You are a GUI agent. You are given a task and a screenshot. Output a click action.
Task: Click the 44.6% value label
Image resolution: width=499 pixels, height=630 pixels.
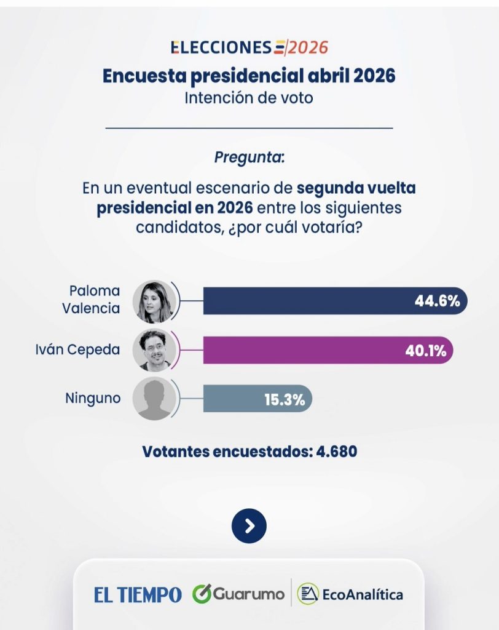tap(437, 301)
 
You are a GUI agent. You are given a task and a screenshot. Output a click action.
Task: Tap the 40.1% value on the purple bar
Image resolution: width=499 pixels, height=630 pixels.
tap(425, 351)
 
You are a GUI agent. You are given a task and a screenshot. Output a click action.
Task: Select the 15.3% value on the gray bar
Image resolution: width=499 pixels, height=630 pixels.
tap(285, 399)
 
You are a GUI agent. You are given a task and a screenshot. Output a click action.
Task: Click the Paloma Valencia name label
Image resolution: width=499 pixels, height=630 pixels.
tap(91, 300)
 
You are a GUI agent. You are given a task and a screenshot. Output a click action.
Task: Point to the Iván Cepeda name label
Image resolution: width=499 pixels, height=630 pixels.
tap(77, 350)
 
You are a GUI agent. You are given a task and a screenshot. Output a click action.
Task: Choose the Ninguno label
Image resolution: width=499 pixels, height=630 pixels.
tap(93, 398)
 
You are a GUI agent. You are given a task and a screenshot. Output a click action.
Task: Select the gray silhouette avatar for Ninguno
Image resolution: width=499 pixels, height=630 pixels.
tap(154, 399)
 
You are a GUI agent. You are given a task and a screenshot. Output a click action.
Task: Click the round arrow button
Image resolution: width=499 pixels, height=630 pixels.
tap(249, 525)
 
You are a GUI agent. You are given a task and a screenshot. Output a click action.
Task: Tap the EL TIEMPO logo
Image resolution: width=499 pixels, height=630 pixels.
tap(138, 595)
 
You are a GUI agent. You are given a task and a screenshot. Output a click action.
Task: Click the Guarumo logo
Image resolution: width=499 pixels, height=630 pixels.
tap(238, 594)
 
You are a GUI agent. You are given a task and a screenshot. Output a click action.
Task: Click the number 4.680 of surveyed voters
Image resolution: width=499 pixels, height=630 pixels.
tap(337, 451)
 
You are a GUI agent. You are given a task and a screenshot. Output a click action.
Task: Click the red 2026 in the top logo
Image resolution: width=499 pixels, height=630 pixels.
tap(308, 47)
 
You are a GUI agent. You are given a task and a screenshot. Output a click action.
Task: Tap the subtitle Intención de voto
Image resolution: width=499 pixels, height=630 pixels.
tap(249, 97)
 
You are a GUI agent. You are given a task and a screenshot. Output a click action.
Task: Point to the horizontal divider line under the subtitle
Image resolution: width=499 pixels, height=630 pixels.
tap(249, 128)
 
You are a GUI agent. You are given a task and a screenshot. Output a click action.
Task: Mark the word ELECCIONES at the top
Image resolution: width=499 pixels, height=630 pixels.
tap(221, 47)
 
